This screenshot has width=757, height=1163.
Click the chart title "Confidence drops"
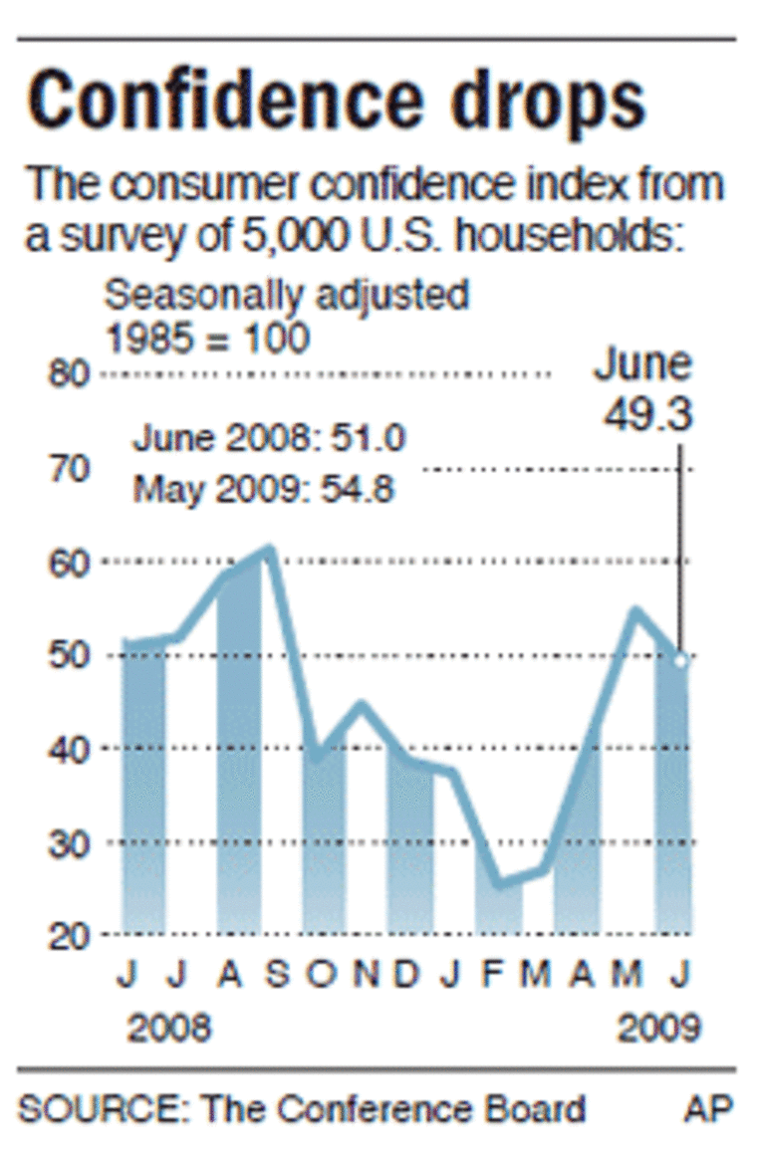tap(336, 100)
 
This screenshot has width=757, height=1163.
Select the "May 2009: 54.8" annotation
tap(264, 489)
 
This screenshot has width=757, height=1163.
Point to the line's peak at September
tap(268, 549)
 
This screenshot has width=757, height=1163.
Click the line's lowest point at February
tap(498, 882)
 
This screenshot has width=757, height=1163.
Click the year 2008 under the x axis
tap(169, 1027)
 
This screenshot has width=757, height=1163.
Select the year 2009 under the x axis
tap(658, 1027)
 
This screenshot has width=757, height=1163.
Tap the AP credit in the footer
tap(708, 1108)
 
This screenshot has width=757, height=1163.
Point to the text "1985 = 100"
tap(207, 340)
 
